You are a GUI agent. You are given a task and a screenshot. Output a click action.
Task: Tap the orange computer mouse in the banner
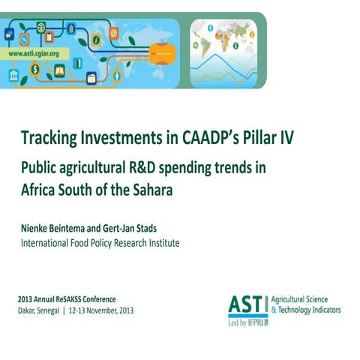click(162, 52)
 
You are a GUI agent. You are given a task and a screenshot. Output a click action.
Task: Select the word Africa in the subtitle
click(40, 190)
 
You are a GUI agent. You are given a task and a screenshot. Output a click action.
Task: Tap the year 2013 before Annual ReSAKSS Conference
click(26, 298)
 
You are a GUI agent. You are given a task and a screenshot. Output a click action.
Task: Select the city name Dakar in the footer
click(28, 309)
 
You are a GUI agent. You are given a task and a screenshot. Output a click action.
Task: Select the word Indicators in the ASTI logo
click(323, 308)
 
